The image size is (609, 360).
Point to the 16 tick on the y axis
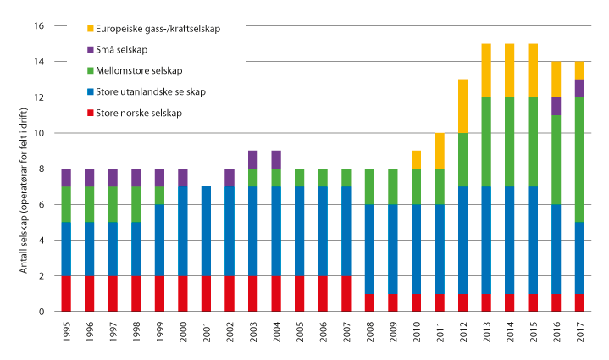tap(39, 26)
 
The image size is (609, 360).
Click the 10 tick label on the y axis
tap(39, 134)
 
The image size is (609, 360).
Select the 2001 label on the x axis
tap(206, 331)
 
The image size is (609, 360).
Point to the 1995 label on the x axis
tap(67, 331)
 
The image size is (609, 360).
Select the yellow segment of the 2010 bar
tap(415, 160)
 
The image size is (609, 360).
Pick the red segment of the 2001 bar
tap(206, 294)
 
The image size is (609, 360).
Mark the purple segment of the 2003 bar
tap(252, 160)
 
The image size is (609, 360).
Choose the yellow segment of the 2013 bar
tap(485, 70)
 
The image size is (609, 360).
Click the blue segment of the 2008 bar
tap(368, 249)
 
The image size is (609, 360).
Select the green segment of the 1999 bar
tap(159, 196)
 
